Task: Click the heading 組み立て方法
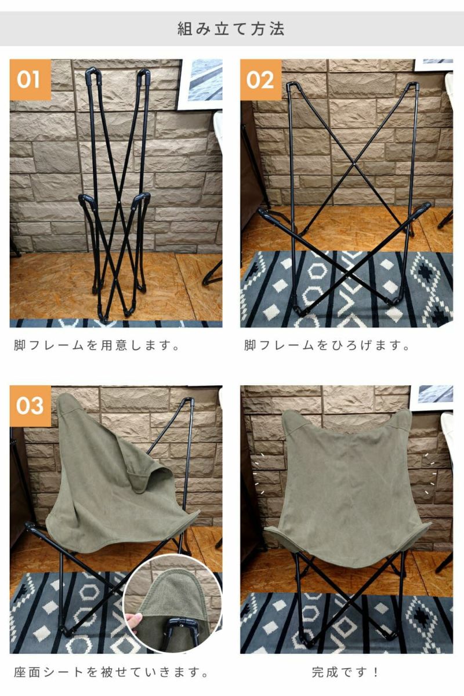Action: (231, 29)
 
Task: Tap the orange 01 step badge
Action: (30, 80)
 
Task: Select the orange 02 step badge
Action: (260, 80)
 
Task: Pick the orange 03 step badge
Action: (30, 406)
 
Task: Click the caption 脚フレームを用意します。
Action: (96, 345)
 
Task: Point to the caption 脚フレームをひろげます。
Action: (327, 345)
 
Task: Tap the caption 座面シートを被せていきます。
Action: (111, 672)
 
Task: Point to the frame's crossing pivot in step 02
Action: (354, 162)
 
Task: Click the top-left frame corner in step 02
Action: (291, 85)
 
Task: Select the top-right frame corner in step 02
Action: (414, 85)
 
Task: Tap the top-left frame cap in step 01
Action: (93, 74)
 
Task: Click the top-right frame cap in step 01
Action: (144, 74)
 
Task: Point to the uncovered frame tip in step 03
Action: (188, 402)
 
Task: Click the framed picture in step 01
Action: (201, 84)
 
